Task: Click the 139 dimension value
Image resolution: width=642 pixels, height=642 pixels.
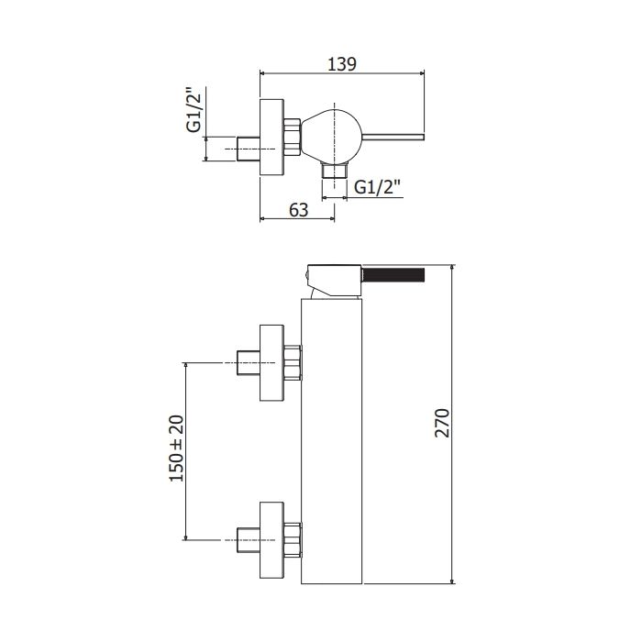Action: (x=342, y=64)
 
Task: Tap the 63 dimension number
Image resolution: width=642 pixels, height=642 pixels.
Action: (x=298, y=210)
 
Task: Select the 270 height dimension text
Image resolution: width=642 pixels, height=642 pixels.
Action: (x=442, y=423)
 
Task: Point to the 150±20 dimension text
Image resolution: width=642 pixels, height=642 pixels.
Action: (x=177, y=448)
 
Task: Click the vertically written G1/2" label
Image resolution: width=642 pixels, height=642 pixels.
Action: (x=194, y=110)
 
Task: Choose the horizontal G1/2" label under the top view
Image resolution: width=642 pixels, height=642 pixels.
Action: (x=377, y=187)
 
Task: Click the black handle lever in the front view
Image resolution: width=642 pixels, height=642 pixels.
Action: (x=393, y=274)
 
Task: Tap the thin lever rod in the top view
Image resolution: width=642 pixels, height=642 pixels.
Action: (x=393, y=138)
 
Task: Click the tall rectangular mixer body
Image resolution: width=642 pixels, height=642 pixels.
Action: (x=332, y=441)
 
